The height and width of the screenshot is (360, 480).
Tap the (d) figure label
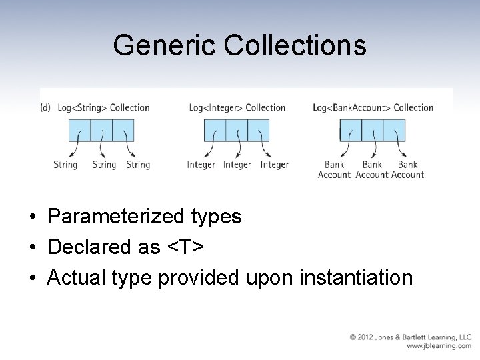45,107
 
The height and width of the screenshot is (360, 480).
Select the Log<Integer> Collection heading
237,107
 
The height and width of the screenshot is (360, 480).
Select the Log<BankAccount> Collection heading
373,107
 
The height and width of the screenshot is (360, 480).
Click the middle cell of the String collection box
101,129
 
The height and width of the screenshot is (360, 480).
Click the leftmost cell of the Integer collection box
215,129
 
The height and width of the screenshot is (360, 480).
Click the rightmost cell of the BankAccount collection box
394,129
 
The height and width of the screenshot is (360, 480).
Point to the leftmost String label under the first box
65,165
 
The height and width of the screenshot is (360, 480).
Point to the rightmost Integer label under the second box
274,165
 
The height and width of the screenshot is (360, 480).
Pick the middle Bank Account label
372,169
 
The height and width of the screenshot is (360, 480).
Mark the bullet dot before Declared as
32,247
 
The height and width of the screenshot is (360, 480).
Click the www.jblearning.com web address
439,346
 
